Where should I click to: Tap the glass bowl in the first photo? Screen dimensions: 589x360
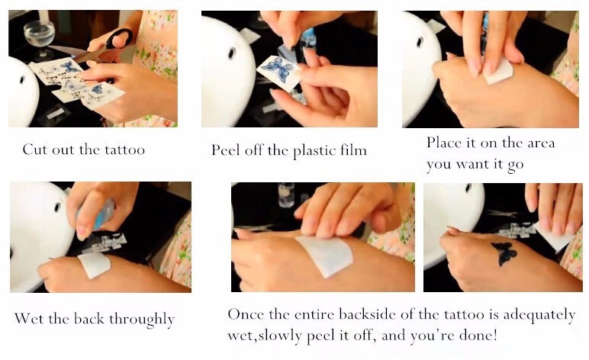pos(39,37)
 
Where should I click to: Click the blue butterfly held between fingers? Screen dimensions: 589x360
pos(278,69)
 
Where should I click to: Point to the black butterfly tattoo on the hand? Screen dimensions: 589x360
pos(504,253)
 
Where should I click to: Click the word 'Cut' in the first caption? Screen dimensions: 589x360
pos(35,149)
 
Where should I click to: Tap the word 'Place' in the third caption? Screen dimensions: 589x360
pos(443,143)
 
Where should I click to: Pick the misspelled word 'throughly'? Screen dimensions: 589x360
pos(142,320)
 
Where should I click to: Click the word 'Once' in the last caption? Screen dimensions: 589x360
pos(245,313)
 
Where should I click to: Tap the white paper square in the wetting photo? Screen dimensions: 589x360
pos(95,265)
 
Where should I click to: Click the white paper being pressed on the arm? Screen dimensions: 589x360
pos(325,256)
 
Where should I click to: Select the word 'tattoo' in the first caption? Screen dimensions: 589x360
pos(124,149)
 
